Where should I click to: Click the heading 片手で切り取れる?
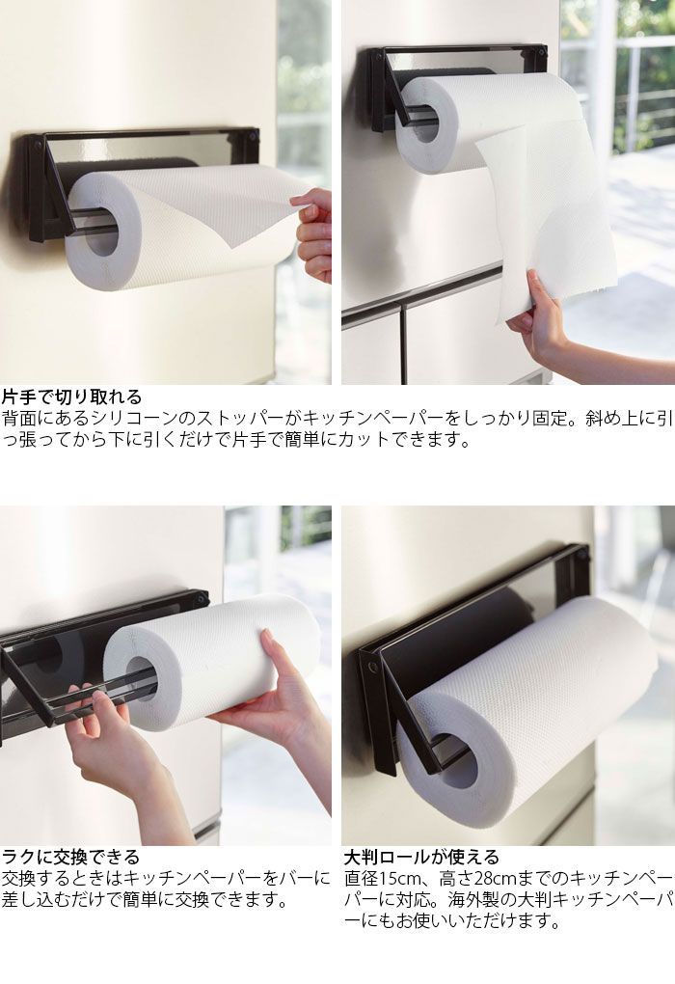[x=72, y=397]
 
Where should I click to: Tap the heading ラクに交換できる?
[x=71, y=857]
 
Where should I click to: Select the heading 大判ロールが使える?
[x=421, y=857]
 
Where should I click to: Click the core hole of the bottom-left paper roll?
[x=142, y=681]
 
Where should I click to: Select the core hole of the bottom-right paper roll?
[x=457, y=762]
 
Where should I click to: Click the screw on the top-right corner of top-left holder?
[x=253, y=136]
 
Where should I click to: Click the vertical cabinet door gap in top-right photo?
[x=402, y=345]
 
